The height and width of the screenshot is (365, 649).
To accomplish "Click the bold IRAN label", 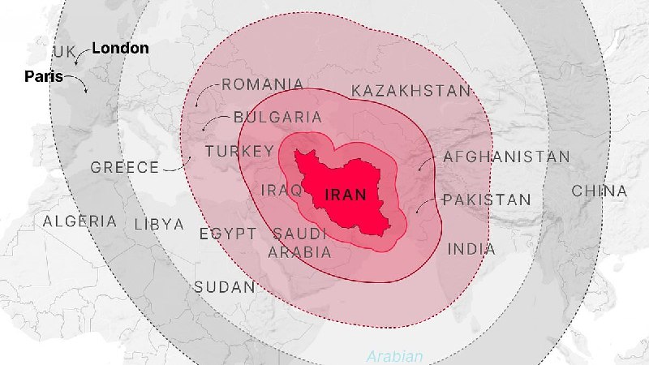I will coord(346,195).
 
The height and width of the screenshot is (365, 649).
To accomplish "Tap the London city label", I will coord(120,48).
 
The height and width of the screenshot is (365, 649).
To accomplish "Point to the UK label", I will coord(64,52).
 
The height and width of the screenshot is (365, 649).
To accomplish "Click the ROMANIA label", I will coord(263,84).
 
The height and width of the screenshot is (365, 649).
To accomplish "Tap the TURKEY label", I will coord(239,152).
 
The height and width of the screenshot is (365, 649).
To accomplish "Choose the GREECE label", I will coord(125,168).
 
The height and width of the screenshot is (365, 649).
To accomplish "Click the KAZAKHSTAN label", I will coord(410,91).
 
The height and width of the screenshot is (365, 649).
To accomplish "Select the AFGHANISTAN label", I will coord(506,157).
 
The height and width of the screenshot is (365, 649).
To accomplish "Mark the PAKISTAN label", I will coord(487,200).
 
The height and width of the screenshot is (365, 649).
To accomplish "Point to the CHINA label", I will coord(600,191).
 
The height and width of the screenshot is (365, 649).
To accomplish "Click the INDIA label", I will coord(471,249).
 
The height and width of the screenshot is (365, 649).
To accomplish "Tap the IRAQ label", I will coord(282,191).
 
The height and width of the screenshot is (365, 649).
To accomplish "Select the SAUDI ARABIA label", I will coord(299,243).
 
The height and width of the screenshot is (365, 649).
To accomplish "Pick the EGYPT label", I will coord(228,234).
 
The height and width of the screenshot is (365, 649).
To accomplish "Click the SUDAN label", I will coord(224,287).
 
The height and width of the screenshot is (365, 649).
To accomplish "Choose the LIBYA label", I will coord(159,225).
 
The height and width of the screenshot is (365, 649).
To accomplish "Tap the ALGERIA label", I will coord(80,221).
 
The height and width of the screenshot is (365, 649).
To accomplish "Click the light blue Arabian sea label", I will coord(395,356).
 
